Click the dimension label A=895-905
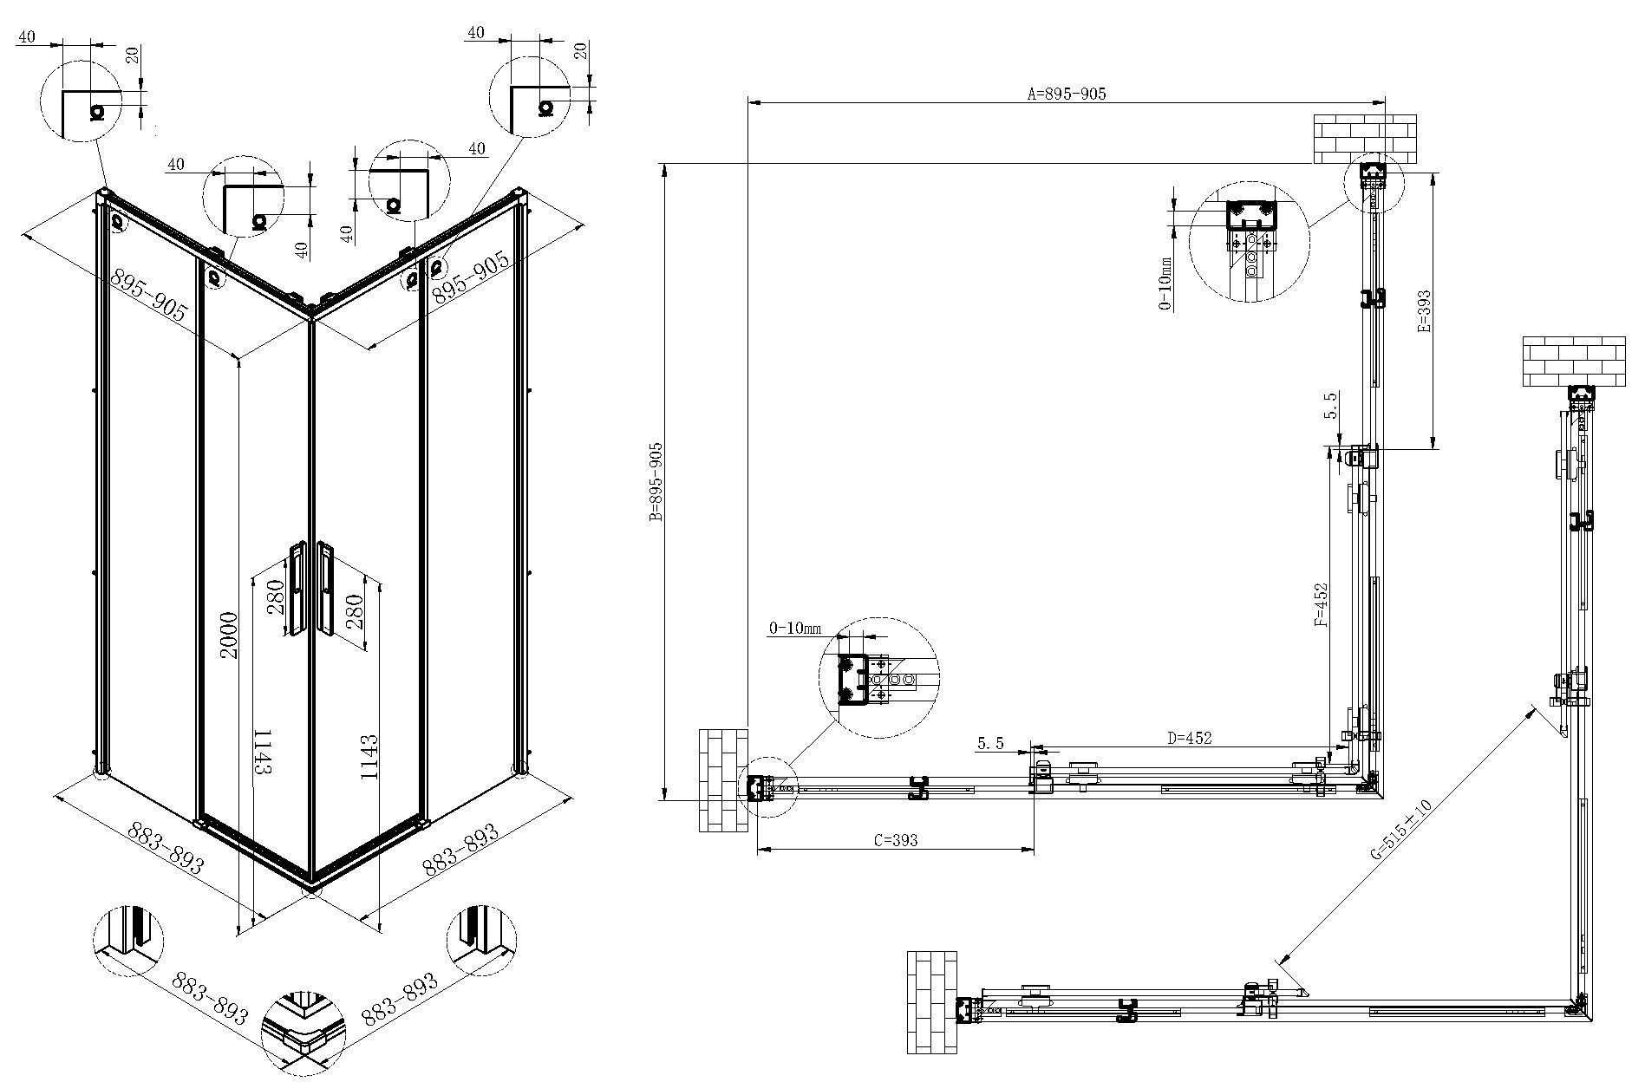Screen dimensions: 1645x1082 pos(1067,94)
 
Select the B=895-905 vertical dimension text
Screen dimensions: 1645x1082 pos(656,482)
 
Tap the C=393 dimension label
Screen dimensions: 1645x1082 pos(896,840)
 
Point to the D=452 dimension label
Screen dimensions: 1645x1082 pos(1189,739)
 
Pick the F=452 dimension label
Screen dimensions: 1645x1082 pos(1322,603)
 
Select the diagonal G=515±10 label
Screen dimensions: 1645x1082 pos(1401,828)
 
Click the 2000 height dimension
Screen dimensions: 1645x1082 pos(228,635)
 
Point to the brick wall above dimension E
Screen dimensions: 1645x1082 pos(1365,139)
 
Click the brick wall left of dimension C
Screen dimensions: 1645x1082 pos(723,779)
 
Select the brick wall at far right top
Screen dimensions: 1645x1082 pos(1573,362)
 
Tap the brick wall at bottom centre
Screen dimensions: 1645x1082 pos(932,1002)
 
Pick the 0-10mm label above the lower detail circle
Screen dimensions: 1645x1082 pos(794,629)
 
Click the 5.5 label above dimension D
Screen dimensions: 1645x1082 pos(990,743)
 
